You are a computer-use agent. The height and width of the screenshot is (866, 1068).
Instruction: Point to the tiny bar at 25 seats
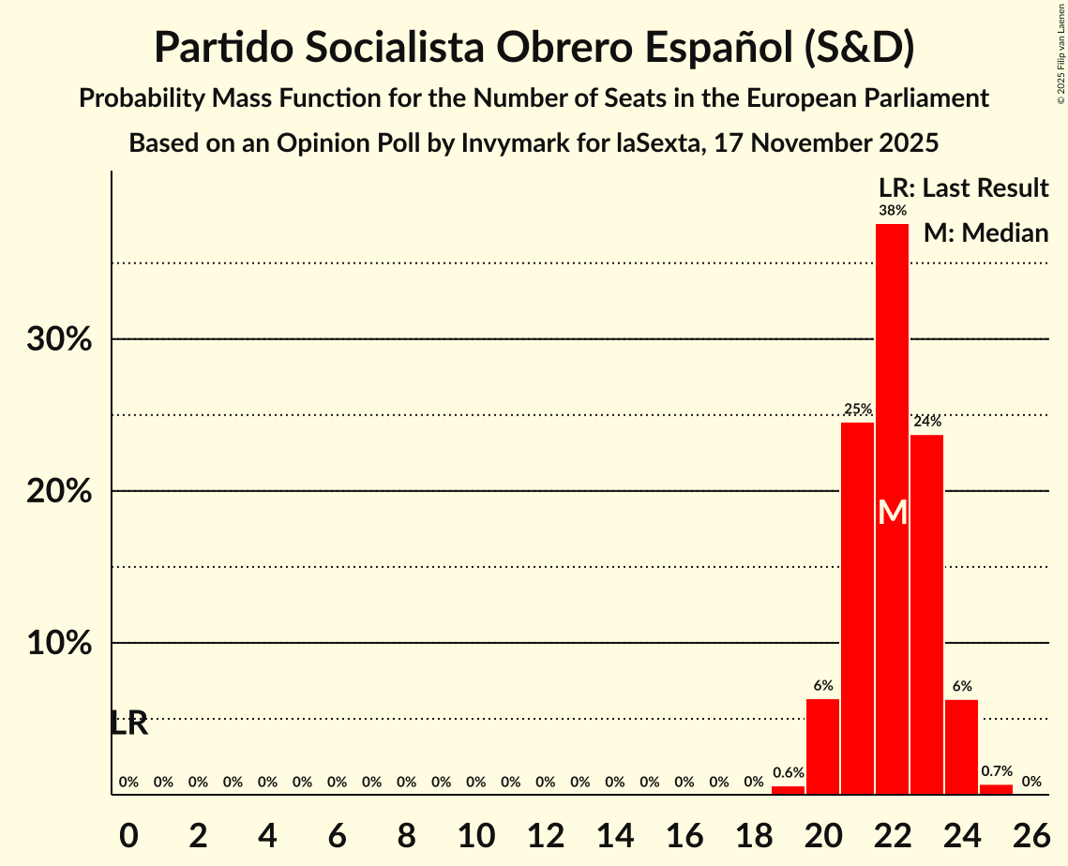coord(996,789)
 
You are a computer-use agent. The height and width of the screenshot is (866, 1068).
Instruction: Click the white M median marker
coord(893,513)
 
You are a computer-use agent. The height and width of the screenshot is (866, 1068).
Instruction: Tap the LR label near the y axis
coord(128,724)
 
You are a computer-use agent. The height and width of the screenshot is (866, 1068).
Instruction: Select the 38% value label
coord(893,211)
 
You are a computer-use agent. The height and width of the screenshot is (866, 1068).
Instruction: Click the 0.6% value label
coord(788,773)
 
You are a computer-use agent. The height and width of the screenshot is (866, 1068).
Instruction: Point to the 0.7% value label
coord(996,771)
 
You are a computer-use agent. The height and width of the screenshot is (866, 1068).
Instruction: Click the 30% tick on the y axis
coord(59,339)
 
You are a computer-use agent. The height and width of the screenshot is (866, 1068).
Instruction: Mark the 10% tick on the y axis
coord(59,644)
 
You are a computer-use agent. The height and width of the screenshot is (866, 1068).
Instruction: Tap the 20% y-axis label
coord(59,492)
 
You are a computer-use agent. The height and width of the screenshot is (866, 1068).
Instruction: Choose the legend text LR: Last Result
coord(963,188)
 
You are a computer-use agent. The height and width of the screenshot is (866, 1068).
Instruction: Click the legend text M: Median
coord(985,232)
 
